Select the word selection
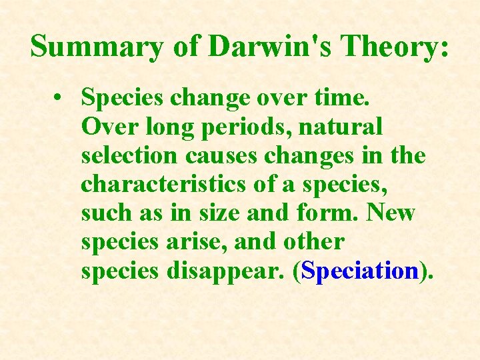128,155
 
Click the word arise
195,241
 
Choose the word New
391,213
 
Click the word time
346,98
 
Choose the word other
311,241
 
